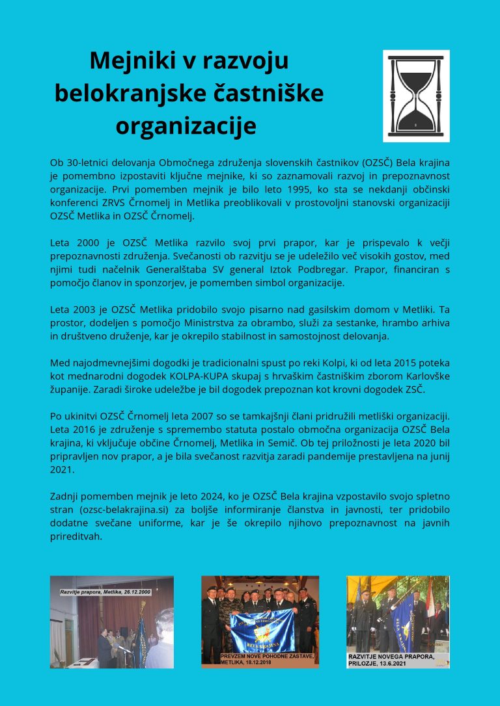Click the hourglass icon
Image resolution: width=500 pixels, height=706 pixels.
[416, 96]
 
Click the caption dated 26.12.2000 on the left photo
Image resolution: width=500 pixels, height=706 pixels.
[105, 592]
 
